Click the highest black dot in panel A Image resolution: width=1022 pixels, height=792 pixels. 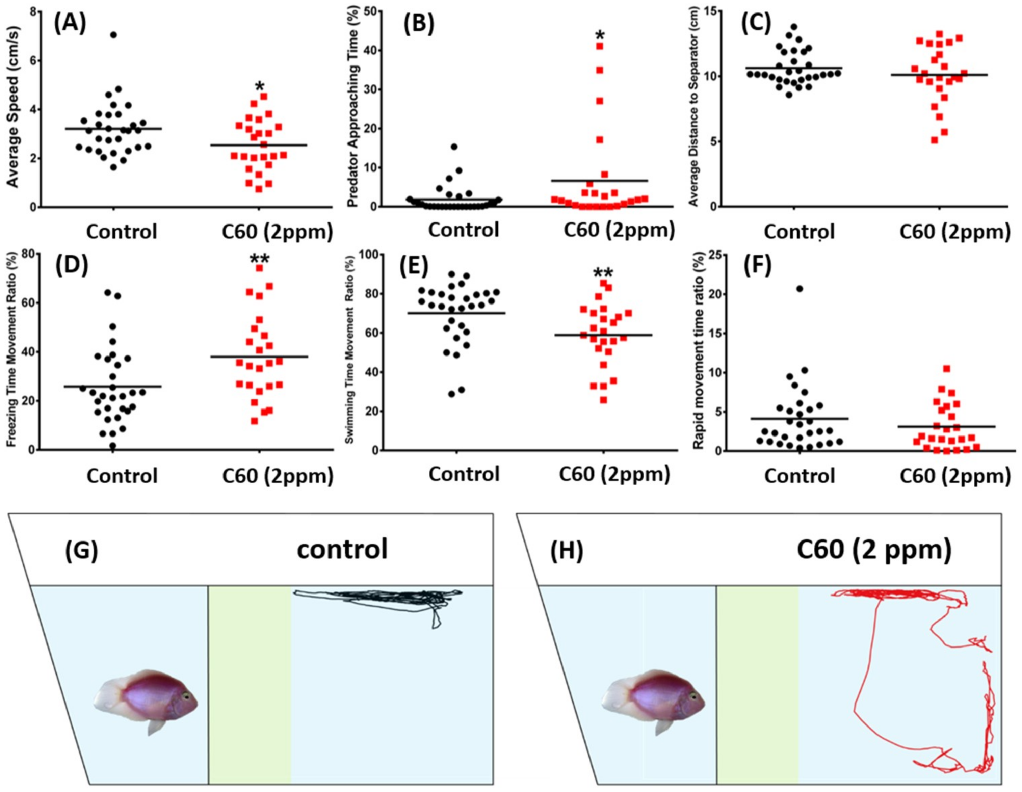113,35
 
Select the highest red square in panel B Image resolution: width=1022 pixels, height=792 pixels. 599,46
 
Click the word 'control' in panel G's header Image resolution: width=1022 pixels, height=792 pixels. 342,549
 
